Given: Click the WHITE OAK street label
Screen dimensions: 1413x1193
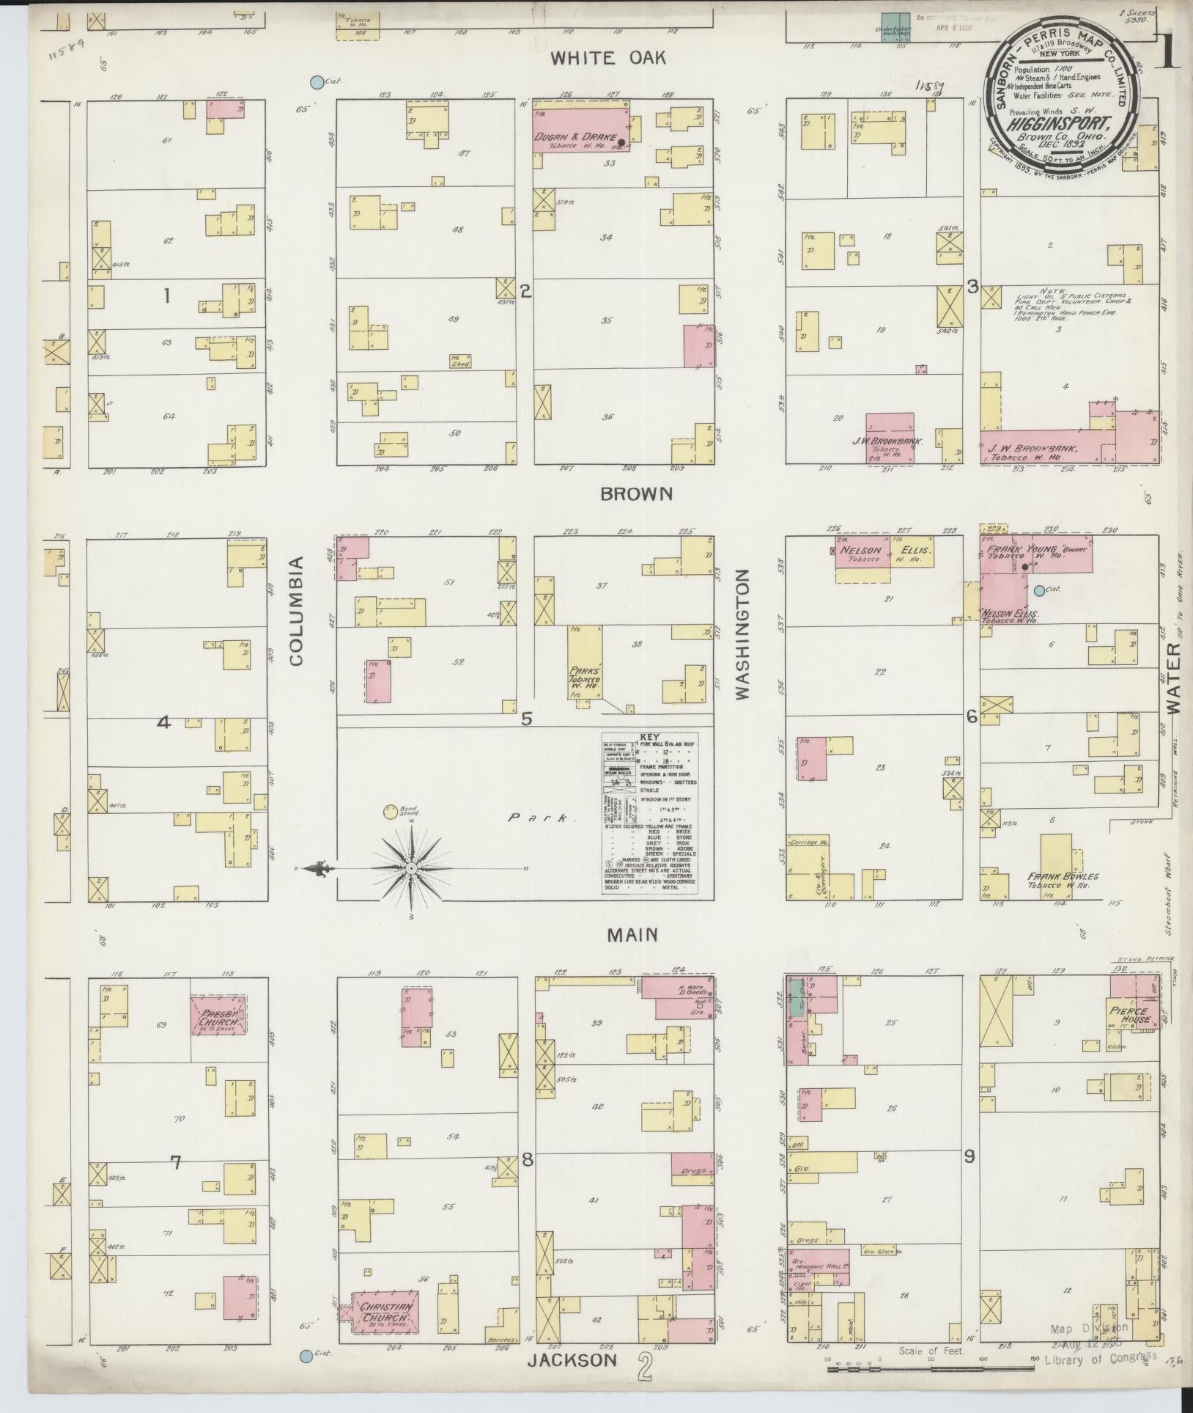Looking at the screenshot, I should [609, 58].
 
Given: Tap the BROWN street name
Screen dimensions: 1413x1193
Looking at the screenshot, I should [635, 493].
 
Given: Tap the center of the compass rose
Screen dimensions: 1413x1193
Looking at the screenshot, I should [411, 868].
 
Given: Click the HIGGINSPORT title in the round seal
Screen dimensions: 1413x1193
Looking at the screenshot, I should [1058, 124].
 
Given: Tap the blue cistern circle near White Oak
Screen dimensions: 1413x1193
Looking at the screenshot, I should [316, 82].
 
